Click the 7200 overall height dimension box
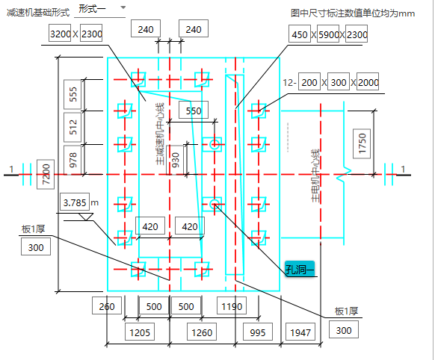[46, 174]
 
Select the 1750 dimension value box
[362, 144]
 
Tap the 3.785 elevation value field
[75, 202]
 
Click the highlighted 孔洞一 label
[300, 269]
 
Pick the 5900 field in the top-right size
[328, 34]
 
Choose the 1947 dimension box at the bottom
[300, 332]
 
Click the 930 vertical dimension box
[175, 160]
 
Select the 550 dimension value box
[194, 110]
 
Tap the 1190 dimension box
[232, 305]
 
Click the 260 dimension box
[107, 305]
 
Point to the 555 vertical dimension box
[72, 95]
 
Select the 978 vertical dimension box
[72, 160]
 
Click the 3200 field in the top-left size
[60, 33]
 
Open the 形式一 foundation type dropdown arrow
[123, 7]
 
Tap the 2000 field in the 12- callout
[368, 81]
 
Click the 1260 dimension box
[202, 332]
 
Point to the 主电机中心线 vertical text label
[315, 176]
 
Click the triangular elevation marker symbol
[86, 217]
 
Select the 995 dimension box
[258, 332]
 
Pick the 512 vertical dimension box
[72, 127]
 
